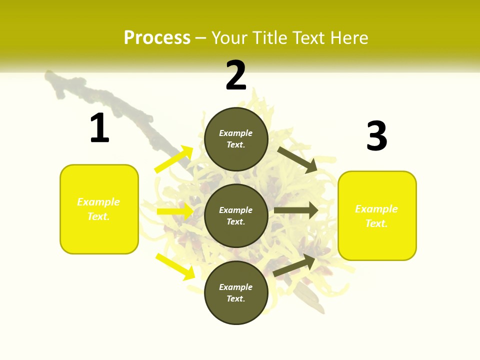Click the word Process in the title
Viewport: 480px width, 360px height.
pos(157,38)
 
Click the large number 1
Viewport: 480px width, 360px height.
pos(99,128)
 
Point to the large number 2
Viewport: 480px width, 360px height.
pos(236,75)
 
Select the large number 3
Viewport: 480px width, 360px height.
pos(376,136)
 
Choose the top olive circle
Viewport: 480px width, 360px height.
pos(236,139)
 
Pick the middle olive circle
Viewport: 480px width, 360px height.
pos(236,215)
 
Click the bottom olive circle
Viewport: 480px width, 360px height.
pos(236,292)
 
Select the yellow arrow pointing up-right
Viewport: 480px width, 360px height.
pos(174,159)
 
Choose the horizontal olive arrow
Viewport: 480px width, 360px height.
pos(296,210)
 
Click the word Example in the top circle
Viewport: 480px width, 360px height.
pos(236,133)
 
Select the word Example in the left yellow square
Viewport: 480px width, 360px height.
pos(98,202)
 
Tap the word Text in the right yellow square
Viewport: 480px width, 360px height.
pos(375,223)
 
